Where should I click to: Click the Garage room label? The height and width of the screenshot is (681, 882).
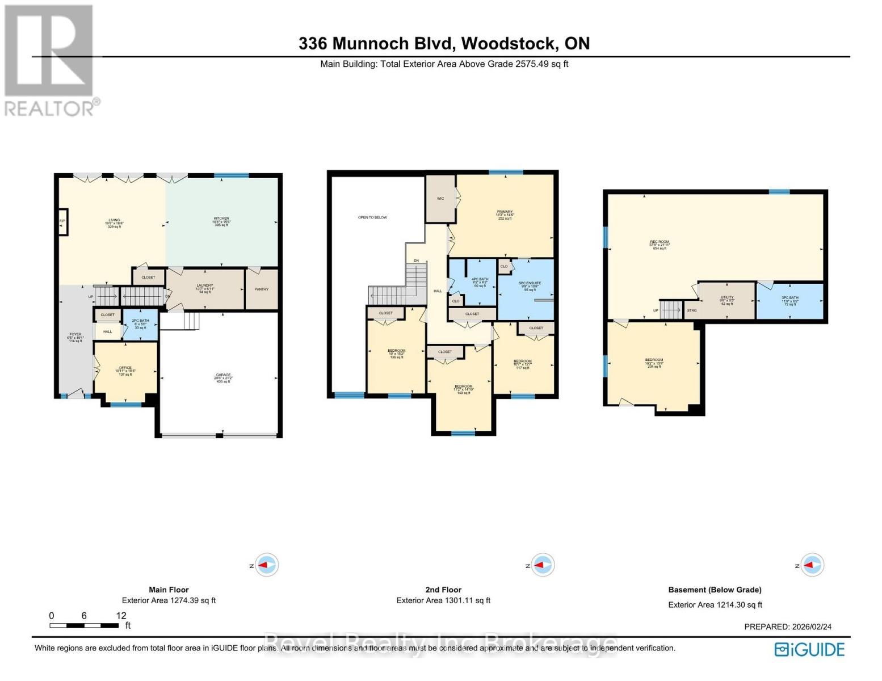(223, 378)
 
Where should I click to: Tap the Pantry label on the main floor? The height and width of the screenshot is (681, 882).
(261, 289)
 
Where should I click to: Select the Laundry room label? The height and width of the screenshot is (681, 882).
(205, 288)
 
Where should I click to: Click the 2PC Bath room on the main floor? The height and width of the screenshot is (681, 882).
(140, 324)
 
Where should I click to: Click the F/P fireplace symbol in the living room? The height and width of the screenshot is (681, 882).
(62, 222)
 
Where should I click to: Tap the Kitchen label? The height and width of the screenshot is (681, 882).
(221, 221)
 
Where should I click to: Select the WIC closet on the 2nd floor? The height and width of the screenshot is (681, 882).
(440, 199)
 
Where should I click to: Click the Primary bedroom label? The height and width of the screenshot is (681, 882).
(505, 215)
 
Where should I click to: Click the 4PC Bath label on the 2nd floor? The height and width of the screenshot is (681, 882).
(480, 282)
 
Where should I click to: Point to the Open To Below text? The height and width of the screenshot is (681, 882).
(372, 217)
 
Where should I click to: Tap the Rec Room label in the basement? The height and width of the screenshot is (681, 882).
(659, 245)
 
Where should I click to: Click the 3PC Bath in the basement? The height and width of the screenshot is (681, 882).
(789, 300)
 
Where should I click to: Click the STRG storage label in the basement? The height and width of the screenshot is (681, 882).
(691, 310)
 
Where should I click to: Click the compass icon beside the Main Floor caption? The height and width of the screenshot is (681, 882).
(266, 565)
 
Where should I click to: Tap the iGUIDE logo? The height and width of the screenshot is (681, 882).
(810, 649)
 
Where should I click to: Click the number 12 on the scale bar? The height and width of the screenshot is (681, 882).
(121, 616)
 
